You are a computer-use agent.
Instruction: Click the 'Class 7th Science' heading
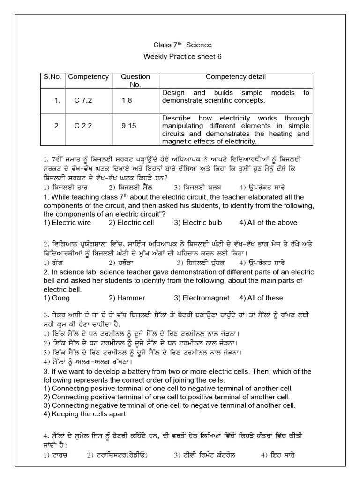click(182, 45)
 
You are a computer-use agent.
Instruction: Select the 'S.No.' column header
click(50, 77)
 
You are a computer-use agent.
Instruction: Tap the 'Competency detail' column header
click(235, 77)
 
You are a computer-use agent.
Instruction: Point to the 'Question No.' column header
click(135, 81)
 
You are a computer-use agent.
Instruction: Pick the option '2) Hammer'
click(127, 298)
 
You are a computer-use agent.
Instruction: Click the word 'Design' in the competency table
click(173, 93)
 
